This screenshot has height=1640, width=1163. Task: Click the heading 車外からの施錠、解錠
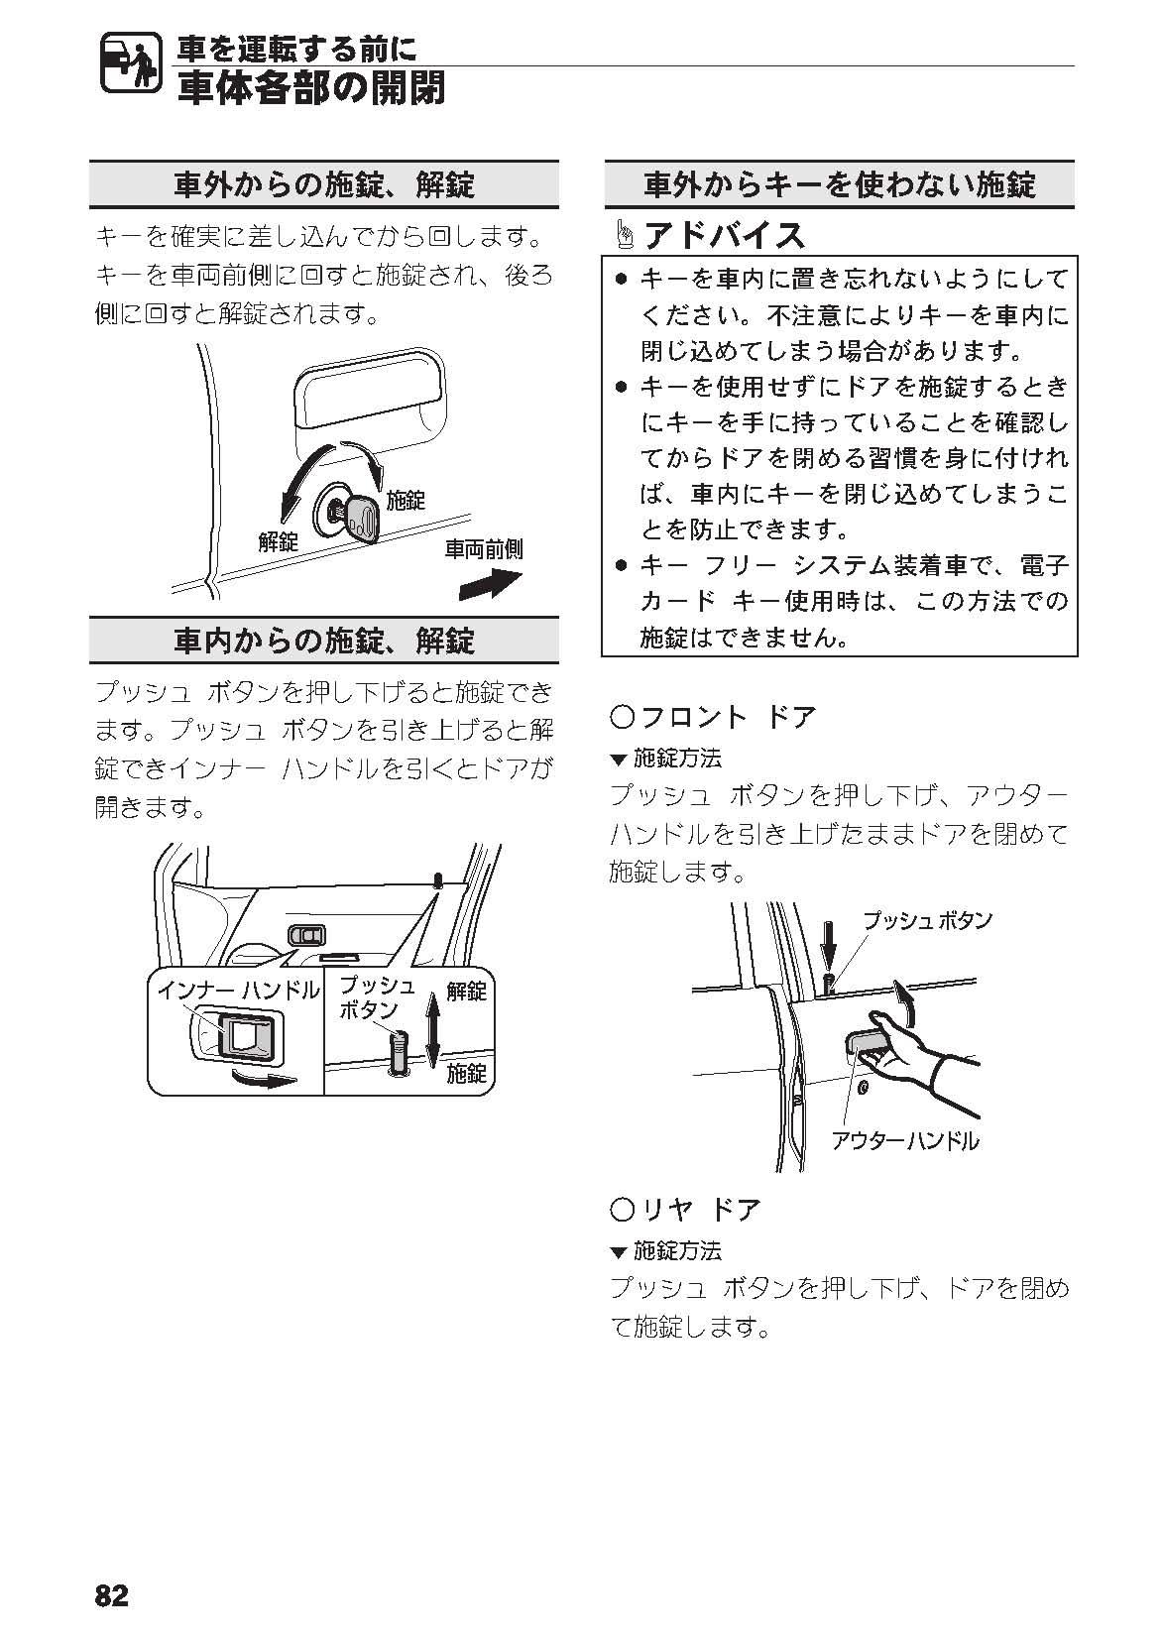(324, 184)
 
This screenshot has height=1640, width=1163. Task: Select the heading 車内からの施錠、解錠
(324, 641)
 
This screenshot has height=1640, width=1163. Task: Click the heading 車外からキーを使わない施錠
(840, 184)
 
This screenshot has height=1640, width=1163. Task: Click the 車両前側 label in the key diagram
(484, 549)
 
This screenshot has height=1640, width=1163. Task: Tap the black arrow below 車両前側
(491, 585)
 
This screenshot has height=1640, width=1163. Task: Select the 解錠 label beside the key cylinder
(279, 541)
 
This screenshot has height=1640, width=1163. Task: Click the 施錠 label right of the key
(406, 501)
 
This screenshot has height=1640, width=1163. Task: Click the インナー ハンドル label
(239, 991)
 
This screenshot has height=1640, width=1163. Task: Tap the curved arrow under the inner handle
(265, 1079)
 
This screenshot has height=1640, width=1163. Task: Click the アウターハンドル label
(905, 1140)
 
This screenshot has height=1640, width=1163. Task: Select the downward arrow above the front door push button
(828, 949)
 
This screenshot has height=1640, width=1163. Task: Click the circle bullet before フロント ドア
(622, 717)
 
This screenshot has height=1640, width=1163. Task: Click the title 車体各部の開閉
(311, 88)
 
